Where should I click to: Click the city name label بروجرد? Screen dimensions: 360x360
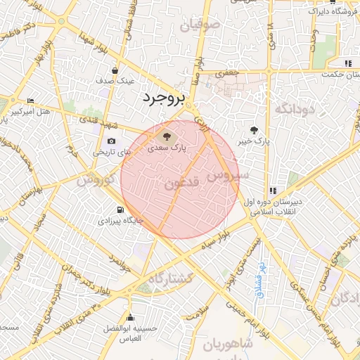point(163,97)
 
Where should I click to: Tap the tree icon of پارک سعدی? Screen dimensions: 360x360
point(167,136)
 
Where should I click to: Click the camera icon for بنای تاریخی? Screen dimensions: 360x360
point(112,141)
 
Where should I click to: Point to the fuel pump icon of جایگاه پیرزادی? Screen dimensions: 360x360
point(120,210)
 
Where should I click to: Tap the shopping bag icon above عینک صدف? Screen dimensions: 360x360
point(115,70)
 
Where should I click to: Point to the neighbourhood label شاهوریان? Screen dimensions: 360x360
point(228,345)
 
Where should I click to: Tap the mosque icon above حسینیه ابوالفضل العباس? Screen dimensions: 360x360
point(130,318)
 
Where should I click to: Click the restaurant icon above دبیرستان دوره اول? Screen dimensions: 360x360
point(273,190)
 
